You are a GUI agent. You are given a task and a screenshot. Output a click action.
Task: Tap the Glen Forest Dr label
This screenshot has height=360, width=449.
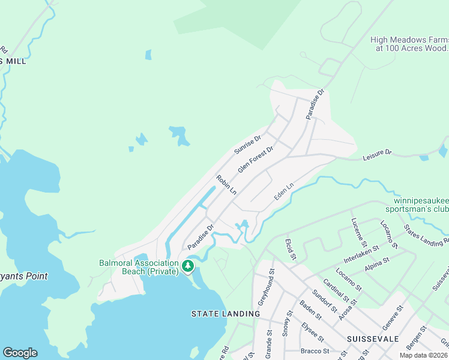[x=255, y=160]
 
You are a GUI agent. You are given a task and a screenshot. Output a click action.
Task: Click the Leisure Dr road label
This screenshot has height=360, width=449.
[x=376, y=155]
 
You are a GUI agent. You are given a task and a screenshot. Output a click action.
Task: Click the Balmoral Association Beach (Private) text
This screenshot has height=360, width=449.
[x=140, y=268]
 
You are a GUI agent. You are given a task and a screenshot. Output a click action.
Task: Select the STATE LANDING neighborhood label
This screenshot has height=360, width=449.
[x=225, y=314]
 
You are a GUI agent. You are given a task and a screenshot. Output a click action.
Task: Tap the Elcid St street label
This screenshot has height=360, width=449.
[x=292, y=248]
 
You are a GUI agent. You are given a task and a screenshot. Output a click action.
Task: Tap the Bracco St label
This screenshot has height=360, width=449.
[x=314, y=351]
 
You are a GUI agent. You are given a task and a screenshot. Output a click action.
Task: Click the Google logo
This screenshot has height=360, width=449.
[x=20, y=353]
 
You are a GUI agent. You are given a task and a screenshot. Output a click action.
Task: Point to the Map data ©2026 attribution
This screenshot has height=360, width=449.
[x=423, y=355]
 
